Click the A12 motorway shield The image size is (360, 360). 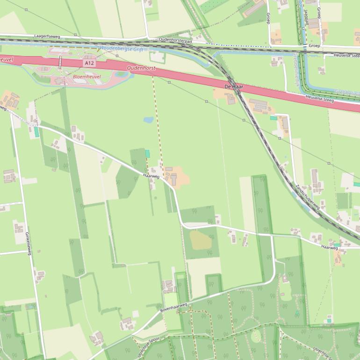[x=89, y=63]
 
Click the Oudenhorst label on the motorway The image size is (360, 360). [x=141, y=68]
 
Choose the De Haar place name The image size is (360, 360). [x=234, y=87]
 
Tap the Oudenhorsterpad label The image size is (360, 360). [x=175, y=41]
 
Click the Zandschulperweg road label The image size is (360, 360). [x=307, y=196]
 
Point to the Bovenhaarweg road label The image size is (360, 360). [x=173, y=307]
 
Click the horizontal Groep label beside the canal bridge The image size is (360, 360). [x=314, y=46]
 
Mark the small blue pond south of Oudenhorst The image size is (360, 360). [x=148, y=120]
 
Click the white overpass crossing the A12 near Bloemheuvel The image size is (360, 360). [x=60, y=62]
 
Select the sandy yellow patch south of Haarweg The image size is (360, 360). [x=200, y=240]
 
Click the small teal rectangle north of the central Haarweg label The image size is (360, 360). [x=148, y=153]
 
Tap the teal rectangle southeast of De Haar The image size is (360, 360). [x=273, y=118]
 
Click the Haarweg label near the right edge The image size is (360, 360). [x=329, y=248]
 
